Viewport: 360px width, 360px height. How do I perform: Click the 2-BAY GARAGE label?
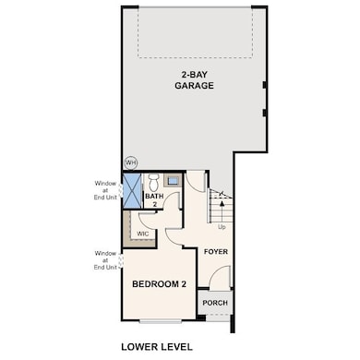pos(194,80)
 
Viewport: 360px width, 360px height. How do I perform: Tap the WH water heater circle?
pos(131,162)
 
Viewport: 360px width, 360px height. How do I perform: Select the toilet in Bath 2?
pos(153,182)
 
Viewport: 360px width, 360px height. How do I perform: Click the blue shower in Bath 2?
pos(132,191)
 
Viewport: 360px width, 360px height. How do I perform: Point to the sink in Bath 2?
pos(173,180)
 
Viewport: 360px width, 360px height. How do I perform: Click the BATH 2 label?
pos(154,200)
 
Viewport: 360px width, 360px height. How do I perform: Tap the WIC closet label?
pos(143,234)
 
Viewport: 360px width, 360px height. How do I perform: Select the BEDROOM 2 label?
pos(159,284)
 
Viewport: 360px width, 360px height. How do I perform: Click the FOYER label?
pos(216,252)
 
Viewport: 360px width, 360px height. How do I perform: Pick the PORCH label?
pos(215,303)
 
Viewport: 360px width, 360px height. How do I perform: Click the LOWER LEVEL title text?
pos(157,347)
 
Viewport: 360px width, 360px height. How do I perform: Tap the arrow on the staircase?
pos(222,207)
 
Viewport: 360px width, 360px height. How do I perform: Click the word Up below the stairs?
pos(222,227)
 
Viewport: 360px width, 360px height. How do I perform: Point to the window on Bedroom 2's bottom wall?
pos(160,321)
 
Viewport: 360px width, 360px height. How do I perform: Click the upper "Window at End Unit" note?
pos(105,190)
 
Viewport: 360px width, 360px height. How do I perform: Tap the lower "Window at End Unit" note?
pos(105,260)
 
